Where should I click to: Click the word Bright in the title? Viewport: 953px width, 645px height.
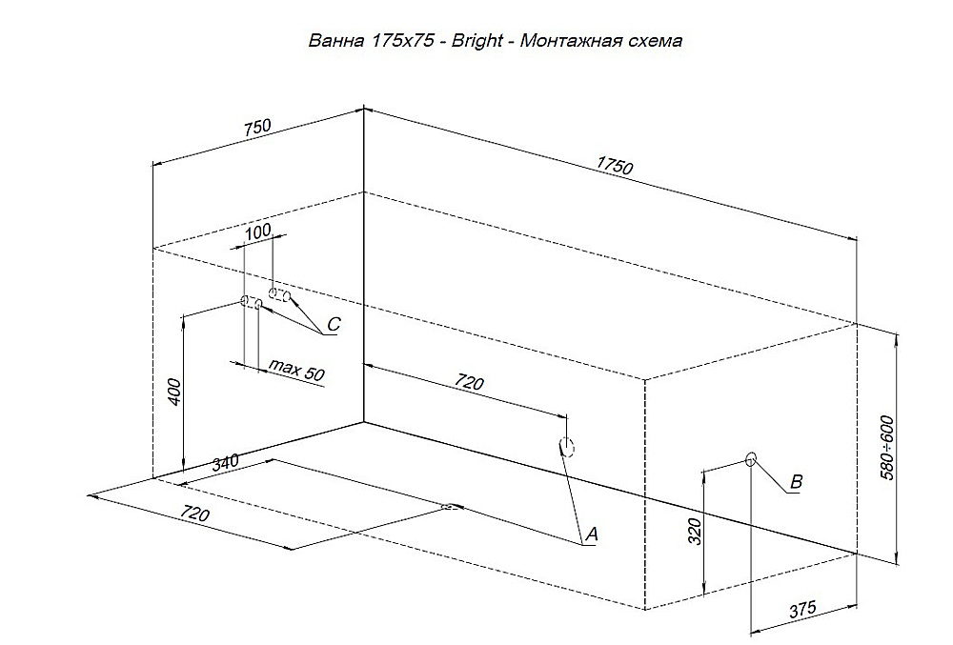[x=476, y=41]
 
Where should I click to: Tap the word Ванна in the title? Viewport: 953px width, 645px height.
[x=336, y=41]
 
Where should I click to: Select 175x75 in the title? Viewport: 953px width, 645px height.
[x=402, y=41]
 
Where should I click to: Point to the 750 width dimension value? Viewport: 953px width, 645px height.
[x=257, y=128]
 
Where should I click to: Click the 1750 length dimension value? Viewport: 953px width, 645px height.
[x=615, y=165]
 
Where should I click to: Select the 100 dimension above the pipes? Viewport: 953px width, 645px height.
[x=257, y=232]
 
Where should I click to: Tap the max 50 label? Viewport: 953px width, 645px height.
[x=296, y=369]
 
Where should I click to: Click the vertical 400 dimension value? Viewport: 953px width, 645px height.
[x=173, y=392]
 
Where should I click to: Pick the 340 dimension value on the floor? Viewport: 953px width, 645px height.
[x=225, y=463]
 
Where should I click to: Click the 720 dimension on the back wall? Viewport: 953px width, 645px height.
[x=469, y=382]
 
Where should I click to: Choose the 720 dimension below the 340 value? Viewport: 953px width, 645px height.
[x=194, y=514]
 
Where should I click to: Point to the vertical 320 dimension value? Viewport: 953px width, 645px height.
[x=695, y=532]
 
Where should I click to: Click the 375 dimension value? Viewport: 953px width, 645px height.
[x=802, y=609]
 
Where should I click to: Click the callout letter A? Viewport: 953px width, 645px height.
[x=592, y=534]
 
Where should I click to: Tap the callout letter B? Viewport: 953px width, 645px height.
[x=796, y=482]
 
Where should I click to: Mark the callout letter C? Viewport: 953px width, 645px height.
[x=334, y=324]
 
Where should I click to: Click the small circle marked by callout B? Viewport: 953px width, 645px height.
[x=751, y=458]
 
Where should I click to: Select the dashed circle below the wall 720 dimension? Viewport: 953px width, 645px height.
[x=567, y=447]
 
